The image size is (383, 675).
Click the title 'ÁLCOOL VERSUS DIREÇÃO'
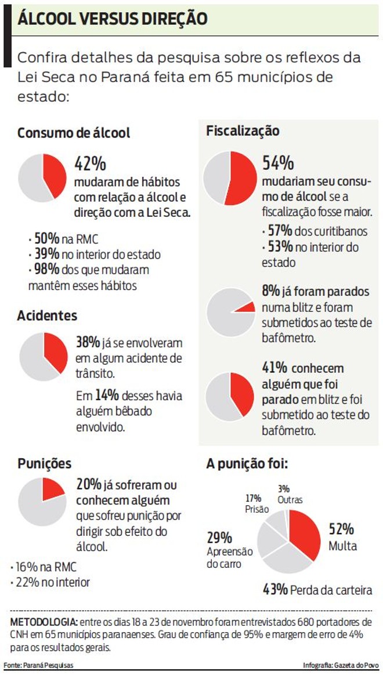tap(112, 19)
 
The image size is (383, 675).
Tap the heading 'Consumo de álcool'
tap(74, 133)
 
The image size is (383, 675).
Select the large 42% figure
tap(90, 164)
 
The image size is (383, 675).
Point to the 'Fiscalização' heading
tap(243, 131)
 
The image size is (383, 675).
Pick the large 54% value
tap(278, 163)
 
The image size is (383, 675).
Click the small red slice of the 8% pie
tap(247, 307)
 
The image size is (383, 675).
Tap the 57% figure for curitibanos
tap(279, 231)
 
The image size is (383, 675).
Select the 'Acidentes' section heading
tap(47, 316)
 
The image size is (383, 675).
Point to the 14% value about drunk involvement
tap(107, 395)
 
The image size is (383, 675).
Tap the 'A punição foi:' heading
tap(247, 464)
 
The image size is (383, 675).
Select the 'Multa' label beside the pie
tap(342, 546)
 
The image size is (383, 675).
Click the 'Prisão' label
tap(257, 509)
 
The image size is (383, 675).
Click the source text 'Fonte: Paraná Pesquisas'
tap(39, 665)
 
